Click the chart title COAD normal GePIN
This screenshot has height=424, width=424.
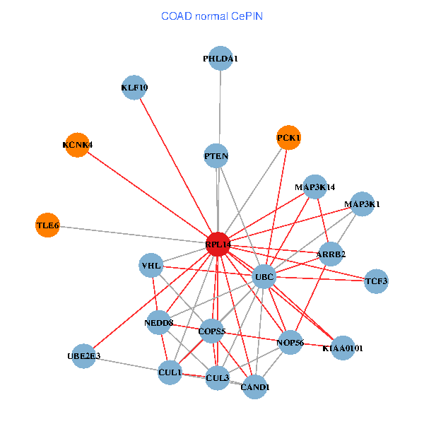click(x=212, y=16)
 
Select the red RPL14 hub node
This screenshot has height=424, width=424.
click(x=218, y=244)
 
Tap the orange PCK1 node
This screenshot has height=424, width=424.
click(x=288, y=137)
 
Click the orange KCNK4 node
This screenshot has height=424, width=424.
click(x=76, y=145)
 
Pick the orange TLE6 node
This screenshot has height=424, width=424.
click(x=47, y=225)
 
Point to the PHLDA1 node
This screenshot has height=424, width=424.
click(x=220, y=59)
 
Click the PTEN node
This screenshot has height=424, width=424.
click(x=216, y=155)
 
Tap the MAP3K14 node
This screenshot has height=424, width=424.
click(x=315, y=187)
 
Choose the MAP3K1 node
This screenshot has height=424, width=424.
click(x=362, y=204)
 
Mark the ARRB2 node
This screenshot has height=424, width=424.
click(x=331, y=254)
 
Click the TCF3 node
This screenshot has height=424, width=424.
click(x=376, y=281)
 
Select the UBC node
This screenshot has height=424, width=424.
click(x=264, y=276)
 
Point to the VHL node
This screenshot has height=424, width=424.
click(x=152, y=266)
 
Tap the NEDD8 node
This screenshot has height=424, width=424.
click(x=159, y=322)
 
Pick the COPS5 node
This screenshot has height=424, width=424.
click(x=212, y=331)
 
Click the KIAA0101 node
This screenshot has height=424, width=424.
click(x=342, y=348)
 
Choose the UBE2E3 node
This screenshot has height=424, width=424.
click(x=84, y=355)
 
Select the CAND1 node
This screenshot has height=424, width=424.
click(x=254, y=387)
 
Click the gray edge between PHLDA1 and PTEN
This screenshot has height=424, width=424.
click(x=219, y=106)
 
